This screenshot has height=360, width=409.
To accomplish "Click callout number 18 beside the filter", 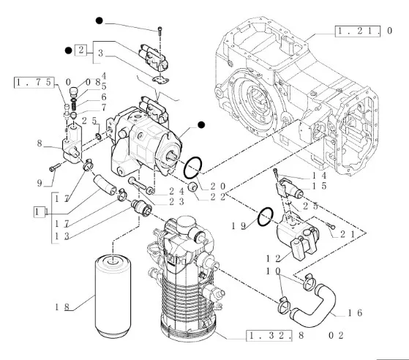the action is point(61,307).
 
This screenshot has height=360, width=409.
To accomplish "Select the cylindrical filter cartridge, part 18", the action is point(113,296).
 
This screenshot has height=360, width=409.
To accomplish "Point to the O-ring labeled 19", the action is point(266,217).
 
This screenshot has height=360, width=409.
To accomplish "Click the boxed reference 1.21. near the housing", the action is point(357,31).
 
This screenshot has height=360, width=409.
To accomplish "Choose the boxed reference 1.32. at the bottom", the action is point(269,335).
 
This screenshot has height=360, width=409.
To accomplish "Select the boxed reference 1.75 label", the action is point(34,83).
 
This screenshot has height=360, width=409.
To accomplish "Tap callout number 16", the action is point(355,312).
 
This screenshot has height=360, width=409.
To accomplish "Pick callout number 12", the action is point(273,258).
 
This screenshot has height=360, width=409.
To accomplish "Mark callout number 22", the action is point(217,197).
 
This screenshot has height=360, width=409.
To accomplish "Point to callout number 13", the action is point(61,236).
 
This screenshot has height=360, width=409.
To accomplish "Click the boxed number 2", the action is point(81,50).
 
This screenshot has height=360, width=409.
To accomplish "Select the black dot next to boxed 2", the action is point(68,50).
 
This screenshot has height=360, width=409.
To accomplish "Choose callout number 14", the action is point(320,176).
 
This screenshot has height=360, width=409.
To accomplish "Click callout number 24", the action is point(176,192).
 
